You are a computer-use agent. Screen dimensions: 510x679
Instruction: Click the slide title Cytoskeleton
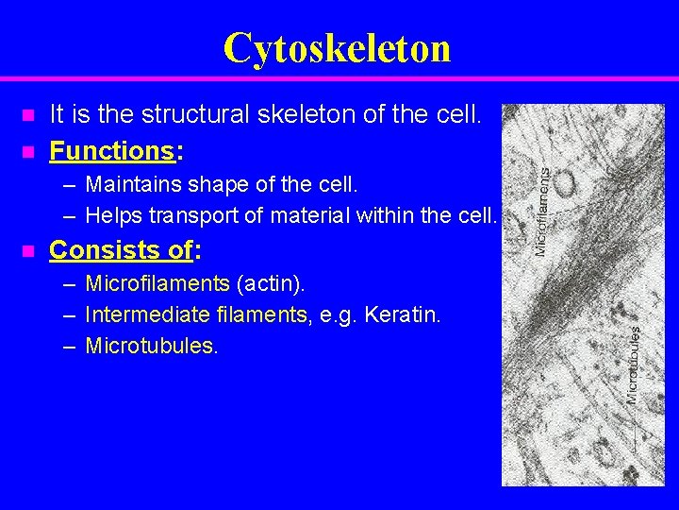coord(338,47)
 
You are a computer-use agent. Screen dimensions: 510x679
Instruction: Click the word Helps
coord(112,215)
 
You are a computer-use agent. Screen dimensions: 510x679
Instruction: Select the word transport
coord(183,215)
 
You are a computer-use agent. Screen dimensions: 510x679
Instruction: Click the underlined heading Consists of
coord(121,250)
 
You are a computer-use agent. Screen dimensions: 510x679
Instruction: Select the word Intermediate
coord(140,314)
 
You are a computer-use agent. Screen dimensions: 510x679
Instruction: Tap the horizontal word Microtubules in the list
coord(151,346)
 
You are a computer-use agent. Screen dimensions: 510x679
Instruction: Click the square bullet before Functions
coord(27,151)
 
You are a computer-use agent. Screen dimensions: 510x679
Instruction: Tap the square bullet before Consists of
coord(27,251)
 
